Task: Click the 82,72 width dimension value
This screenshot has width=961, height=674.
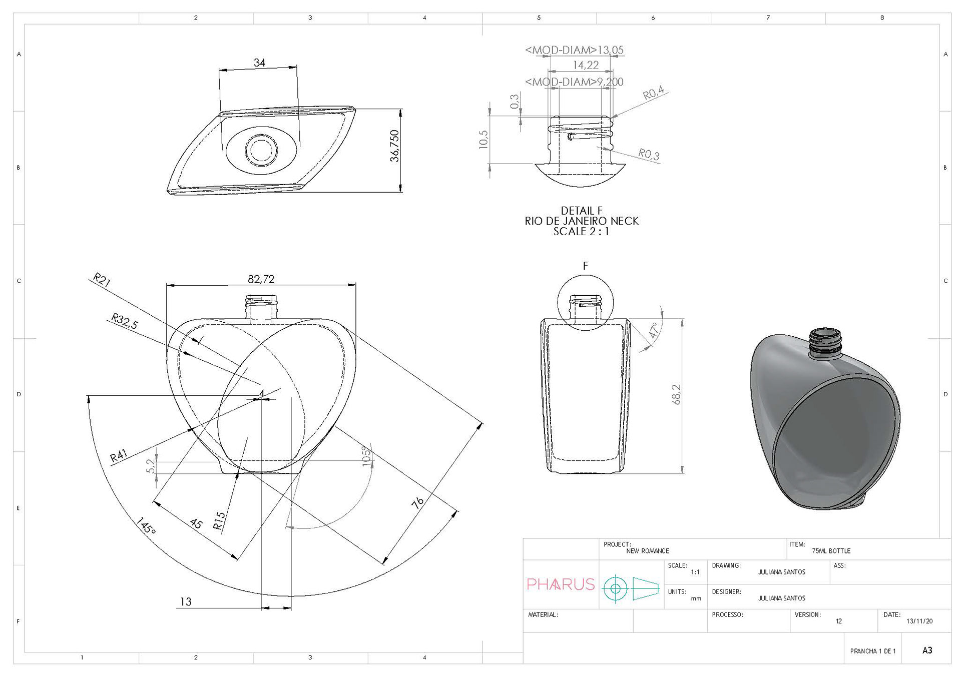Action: [x=261, y=279]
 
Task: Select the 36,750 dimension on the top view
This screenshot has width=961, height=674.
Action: [x=395, y=146]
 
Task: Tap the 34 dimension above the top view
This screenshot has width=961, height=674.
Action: [x=259, y=63]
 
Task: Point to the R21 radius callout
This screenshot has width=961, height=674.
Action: [x=102, y=280]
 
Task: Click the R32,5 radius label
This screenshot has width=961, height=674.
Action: [x=124, y=321]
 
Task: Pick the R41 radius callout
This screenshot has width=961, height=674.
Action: [x=119, y=456]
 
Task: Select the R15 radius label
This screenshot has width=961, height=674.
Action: [x=220, y=520]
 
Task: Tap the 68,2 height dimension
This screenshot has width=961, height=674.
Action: [x=676, y=395]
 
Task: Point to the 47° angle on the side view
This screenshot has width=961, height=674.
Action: [x=653, y=331]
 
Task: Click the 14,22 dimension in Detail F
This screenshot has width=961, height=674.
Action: [x=586, y=65]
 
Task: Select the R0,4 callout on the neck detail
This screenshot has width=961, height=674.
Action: [x=653, y=93]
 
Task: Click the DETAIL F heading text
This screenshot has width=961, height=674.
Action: [x=582, y=211]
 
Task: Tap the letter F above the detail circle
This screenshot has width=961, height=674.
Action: [x=585, y=266]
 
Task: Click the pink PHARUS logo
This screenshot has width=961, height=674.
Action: [x=561, y=584]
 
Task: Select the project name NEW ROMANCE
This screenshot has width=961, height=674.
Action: [x=648, y=551]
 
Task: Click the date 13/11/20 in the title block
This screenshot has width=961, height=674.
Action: [x=919, y=621]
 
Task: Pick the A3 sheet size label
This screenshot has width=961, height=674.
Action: [x=927, y=650]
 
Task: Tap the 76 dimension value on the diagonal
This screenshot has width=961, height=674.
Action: [x=418, y=503]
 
